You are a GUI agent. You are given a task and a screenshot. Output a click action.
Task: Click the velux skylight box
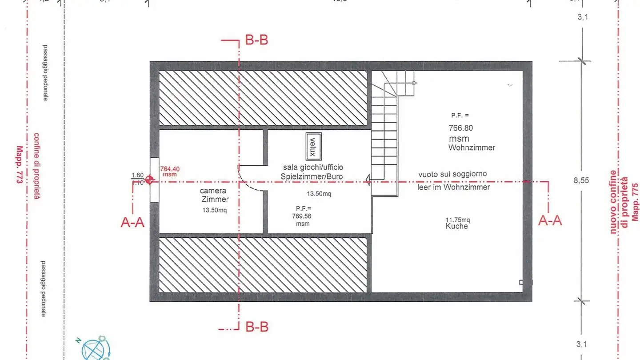coord(313,147)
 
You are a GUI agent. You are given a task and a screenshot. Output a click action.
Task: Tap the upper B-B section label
coord(256,40)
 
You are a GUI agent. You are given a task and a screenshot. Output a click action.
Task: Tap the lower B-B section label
coord(256,327)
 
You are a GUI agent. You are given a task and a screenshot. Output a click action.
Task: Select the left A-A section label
coord(132,223)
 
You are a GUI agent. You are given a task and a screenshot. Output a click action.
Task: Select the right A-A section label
coord(550,220)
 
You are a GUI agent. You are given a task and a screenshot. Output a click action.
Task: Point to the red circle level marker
coord(150,180)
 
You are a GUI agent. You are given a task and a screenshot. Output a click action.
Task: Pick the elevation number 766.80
coord(460,128)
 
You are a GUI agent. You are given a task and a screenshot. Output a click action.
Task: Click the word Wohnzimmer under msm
coord(472,148)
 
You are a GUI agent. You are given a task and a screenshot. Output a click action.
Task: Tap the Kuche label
coord(456,226)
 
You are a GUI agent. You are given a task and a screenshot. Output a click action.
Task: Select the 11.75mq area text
coord(457,220)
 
